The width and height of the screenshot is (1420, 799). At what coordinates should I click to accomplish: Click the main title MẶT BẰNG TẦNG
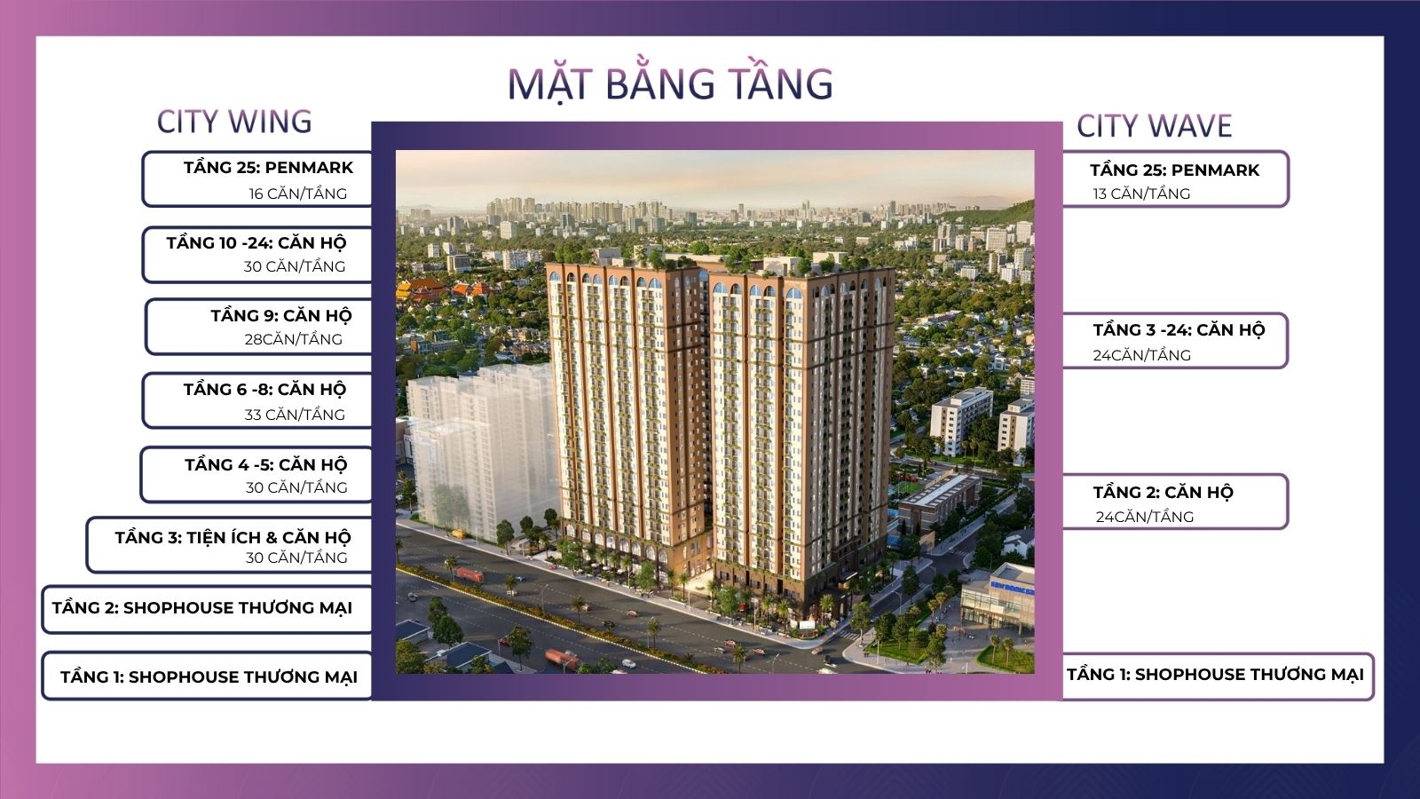(670, 83)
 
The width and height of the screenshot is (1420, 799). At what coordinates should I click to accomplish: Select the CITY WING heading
(234, 122)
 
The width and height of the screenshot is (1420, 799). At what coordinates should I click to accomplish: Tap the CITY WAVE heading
(1154, 126)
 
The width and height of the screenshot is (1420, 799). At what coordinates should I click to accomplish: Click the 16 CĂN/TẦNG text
(297, 194)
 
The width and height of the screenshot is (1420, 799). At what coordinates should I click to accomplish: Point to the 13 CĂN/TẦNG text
(1141, 194)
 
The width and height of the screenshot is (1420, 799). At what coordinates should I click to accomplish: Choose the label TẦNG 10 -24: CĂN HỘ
(256, 242)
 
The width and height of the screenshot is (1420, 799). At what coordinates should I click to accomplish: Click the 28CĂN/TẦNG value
(293, 339)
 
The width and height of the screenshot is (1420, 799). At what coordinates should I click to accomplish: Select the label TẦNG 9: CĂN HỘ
(280, 315)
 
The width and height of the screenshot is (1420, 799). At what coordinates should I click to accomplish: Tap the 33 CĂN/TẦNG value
(295, 415)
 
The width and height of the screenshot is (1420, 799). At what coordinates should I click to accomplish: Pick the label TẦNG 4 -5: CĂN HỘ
(265, 464)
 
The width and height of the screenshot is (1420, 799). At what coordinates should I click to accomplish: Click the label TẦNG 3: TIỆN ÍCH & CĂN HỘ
(233, 537)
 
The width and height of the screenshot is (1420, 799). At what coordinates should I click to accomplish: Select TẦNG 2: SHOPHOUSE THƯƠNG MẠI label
(202, 608)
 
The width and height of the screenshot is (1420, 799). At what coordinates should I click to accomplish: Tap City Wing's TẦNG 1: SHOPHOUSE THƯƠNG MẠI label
(209, 677)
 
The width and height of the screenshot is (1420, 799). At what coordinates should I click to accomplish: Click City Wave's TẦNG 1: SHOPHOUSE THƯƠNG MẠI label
(1215, 675)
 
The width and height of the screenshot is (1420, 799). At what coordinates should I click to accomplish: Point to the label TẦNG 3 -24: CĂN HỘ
(1179, 330)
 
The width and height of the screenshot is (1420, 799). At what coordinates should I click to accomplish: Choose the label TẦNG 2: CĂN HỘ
(1163, 493)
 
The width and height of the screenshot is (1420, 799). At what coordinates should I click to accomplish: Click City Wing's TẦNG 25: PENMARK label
(268, 168)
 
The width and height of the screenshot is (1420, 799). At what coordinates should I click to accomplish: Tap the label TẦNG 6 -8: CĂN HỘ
(264, 390)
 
